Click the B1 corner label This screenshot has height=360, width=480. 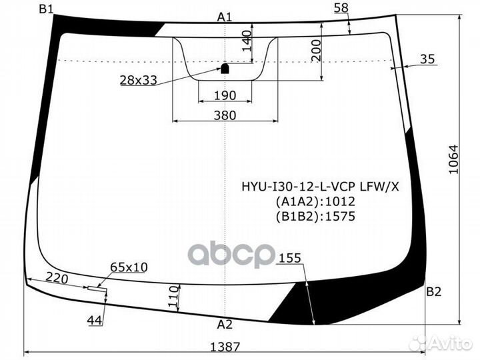[47, 8]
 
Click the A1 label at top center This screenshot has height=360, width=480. [225, 17]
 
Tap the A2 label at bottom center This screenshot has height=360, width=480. [225, 325]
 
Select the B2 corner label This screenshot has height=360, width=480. [434, 291]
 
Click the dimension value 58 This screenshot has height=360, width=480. [341, 7]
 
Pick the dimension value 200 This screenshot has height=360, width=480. [316, 47]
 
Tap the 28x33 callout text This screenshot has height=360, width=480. [138, 80]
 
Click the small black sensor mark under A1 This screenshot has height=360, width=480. [225, 67]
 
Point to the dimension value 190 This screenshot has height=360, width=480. [225, 95]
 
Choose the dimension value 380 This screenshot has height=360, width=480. [225, 115]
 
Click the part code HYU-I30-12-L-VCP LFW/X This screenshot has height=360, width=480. [320, 187]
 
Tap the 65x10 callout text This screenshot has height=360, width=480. [129, 267]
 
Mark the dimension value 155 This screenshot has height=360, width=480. [290, 258]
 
